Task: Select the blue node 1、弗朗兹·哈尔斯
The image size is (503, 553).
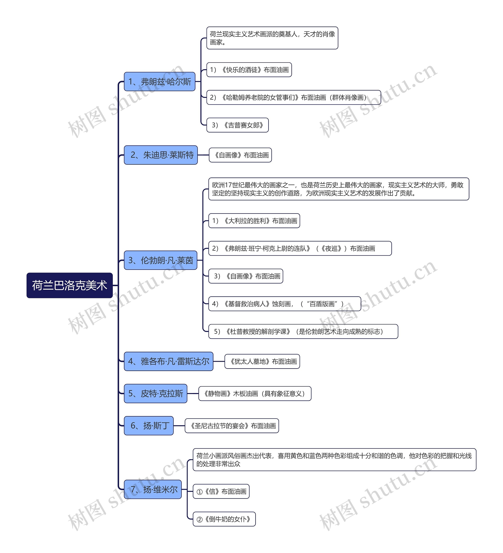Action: click(159, 82)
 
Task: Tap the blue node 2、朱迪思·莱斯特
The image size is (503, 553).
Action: click(161, 155)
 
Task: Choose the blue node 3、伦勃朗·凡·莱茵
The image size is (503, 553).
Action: click(161, 260)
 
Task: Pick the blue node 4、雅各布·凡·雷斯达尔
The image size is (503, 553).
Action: click(168, 361)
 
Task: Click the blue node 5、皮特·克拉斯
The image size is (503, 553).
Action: click(155, 393)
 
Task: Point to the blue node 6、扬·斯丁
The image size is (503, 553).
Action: click(149, 425)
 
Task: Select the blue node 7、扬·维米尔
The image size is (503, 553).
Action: click(153, 489)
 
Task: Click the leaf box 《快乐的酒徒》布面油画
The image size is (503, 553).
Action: click(249, 70)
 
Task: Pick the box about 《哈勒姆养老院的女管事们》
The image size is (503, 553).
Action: click(294, 97)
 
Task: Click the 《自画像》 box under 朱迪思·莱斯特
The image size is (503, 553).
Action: click(240, 155)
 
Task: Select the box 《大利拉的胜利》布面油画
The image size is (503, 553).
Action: click(254, 220)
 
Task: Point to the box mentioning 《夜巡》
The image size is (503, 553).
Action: click(300, 248)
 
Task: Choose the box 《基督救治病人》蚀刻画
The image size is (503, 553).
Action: click(285, 304)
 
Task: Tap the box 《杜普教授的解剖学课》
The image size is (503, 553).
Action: click(303, 331)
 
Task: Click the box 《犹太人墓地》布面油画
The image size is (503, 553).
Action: click(262, 361)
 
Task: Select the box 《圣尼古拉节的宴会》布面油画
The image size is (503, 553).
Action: click(232, 425)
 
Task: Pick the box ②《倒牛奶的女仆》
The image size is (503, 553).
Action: click(224, 519)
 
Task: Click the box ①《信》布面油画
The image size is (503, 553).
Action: click(221, 491)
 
